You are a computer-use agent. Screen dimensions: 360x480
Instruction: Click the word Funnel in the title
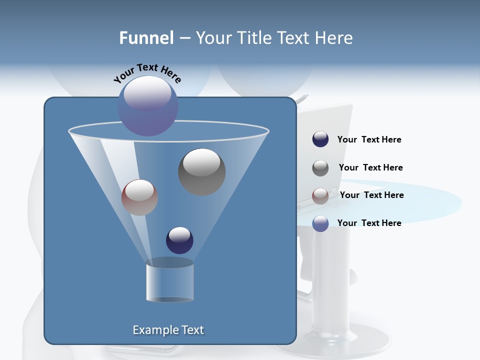pos(146,38)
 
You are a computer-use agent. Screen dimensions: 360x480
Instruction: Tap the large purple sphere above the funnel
pos(148,105)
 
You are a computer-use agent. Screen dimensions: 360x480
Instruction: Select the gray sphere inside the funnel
pos(201,171)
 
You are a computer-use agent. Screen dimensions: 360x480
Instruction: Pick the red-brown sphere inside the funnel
pos(139,197)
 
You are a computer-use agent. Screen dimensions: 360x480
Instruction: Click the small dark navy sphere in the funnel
pos(179,240)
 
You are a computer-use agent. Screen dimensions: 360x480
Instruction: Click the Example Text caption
pos(168,330)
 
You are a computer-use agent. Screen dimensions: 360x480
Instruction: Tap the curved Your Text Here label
pos(147,73)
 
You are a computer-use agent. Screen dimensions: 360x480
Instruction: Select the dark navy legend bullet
pos(320,139)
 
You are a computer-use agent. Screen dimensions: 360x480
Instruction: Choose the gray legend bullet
pos(320,168)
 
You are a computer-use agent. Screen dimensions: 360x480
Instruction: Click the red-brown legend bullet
pos(320,196)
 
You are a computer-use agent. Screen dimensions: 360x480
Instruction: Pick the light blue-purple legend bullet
pos(320,223)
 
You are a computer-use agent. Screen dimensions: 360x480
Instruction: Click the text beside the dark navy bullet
pos(369,140)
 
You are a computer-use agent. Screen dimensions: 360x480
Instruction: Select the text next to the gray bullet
pos(370,167)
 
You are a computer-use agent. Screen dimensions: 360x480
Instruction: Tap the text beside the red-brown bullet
pos(371,195)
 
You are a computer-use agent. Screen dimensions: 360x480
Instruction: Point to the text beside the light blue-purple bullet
pos(369,223)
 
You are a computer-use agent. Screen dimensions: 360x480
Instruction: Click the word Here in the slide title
pos(334,38)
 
